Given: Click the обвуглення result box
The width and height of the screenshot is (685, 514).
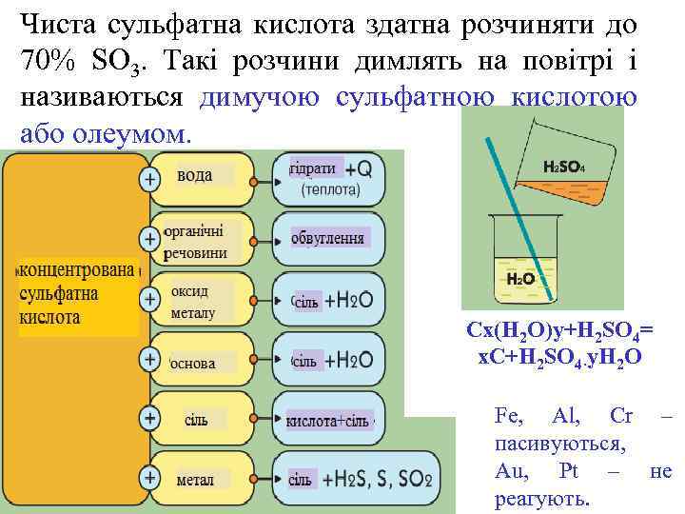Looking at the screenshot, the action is click(328, 238).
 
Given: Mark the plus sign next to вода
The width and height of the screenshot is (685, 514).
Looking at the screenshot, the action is click(149, 178).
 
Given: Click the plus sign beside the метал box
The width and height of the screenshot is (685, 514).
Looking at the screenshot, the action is click(149, 479).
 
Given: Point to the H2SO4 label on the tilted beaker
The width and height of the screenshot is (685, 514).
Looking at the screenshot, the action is click(564, 167).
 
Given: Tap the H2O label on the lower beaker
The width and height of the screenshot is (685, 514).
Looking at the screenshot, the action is click(519, 278).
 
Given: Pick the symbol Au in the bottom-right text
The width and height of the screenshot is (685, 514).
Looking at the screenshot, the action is click(509, 471).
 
